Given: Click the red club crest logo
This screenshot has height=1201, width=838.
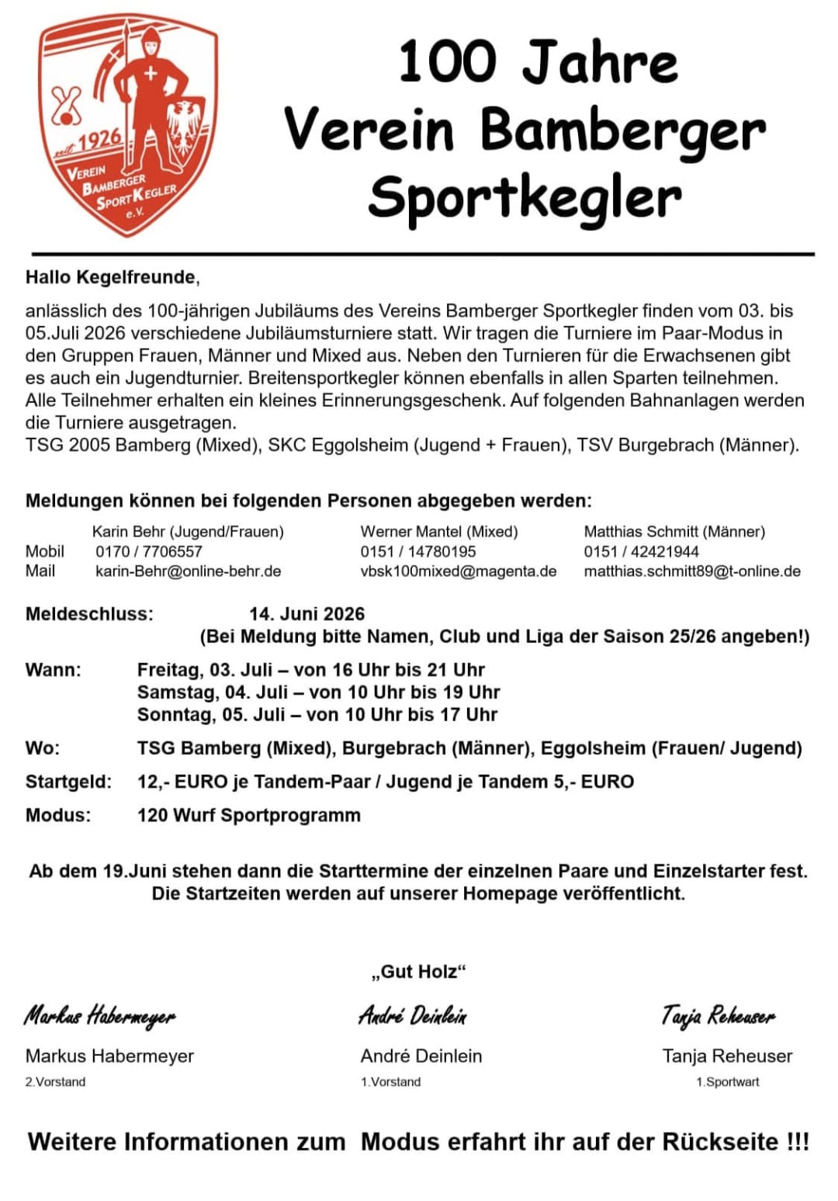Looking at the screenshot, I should [x=129, y=124].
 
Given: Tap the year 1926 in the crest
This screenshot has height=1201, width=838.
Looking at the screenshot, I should [x=99, y=140].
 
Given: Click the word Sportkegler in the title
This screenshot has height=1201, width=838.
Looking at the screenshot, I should [x=525, y=198].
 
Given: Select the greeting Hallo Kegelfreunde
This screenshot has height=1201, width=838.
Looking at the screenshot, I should [x=113, y=277].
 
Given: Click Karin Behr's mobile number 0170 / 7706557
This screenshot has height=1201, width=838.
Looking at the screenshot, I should [x=148, y=551].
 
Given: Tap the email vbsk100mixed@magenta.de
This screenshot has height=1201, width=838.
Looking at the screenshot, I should [x=458, y=571].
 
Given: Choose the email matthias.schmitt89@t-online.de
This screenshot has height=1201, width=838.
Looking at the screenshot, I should [x=691, y=571].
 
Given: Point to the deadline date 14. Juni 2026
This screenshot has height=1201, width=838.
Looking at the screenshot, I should [x=306, y=614].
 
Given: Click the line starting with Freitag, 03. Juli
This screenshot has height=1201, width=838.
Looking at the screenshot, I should [x=310, y=670].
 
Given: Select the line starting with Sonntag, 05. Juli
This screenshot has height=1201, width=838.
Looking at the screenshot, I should [x=317, y=714].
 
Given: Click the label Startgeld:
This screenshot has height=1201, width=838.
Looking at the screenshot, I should [x=68, y=782].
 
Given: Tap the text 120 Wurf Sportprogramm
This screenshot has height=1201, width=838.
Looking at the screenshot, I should [x=248, y=815].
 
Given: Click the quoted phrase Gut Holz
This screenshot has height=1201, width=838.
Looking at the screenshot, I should [x=419, y=971].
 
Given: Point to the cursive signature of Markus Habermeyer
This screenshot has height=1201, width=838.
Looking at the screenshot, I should [x=99, y=1015].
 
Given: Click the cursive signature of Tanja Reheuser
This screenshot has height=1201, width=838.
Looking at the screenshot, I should [x=718, y=1015].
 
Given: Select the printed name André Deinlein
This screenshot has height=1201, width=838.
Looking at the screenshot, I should [x=421, y=1056].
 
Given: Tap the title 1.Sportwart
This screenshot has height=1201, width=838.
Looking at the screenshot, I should [x=727, y=1081].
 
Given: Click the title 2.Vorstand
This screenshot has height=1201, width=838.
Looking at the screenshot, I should [x=55, y=1081].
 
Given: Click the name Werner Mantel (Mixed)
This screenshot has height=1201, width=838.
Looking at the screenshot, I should [x=438, y=532].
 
